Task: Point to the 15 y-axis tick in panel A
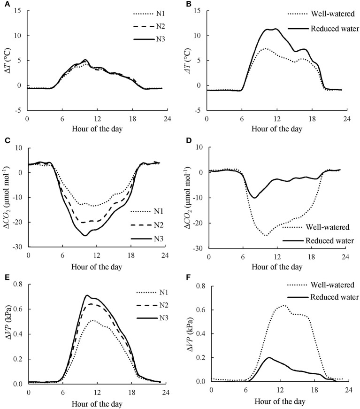coord(17,11)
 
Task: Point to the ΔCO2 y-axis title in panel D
coord(188,197)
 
